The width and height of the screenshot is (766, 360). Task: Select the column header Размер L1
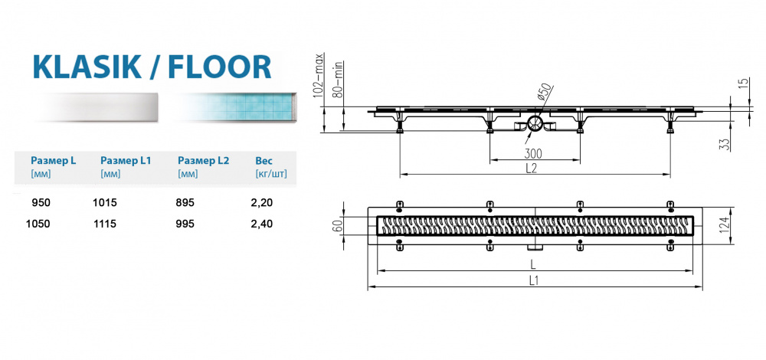(x=126, y=161)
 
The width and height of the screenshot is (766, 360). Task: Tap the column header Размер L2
(x=204, y=161)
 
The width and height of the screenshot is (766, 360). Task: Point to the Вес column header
(x=263, y=161)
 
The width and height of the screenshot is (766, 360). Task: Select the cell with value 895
(x=186, y=202)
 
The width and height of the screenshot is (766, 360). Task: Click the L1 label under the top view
(x=535, y=281)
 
